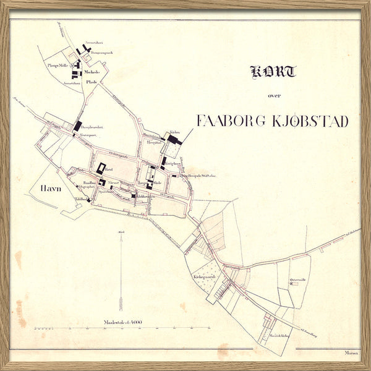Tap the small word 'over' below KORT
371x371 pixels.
(274, 95)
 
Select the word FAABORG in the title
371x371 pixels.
(232, 121)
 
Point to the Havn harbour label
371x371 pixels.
(51, 188)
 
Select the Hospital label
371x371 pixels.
(153, 142)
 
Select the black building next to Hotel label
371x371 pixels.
(100, 168)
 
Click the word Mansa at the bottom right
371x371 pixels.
(351, 352)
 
